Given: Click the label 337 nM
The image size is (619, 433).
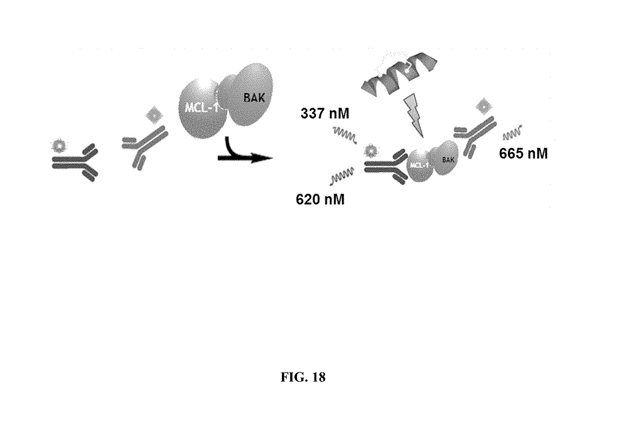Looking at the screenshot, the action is point(325,114).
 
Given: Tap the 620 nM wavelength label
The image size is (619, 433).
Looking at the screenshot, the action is point(320,199).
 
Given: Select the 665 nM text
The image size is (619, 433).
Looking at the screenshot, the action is point(523,154).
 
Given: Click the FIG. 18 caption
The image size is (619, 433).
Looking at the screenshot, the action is point(303,377).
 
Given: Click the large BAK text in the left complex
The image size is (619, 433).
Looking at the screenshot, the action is point(254,97).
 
